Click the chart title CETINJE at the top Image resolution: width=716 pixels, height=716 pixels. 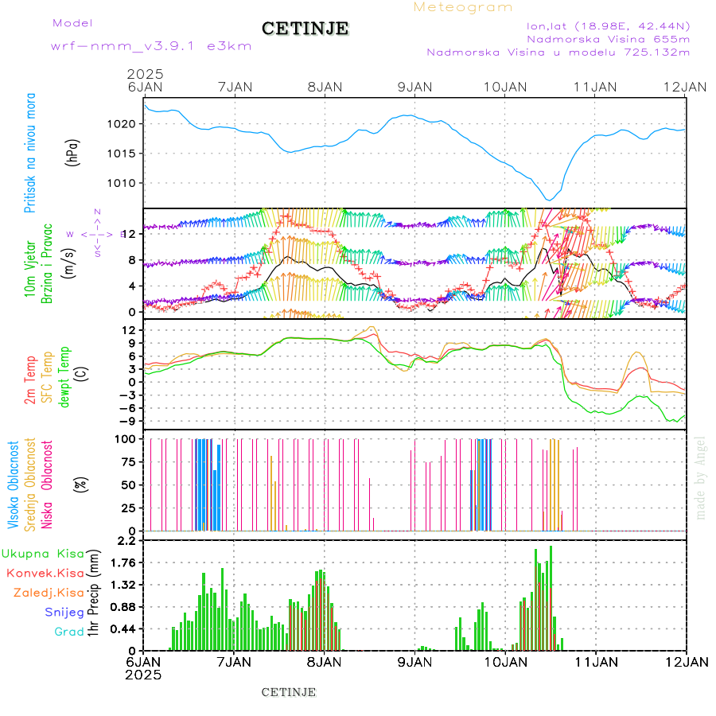point(305,29)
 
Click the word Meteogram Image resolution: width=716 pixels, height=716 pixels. point(463,7)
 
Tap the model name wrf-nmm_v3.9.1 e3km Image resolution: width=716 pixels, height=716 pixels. point(151,46)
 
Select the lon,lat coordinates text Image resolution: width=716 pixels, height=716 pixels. point(609,25)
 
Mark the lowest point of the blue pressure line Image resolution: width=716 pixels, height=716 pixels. point(548,200)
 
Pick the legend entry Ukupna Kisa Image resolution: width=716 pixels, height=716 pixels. point(43,553)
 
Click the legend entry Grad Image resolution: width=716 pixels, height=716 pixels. point(68,632)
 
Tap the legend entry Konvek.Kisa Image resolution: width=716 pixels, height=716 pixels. point(45,573)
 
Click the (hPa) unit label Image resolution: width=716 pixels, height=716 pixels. point(73,153)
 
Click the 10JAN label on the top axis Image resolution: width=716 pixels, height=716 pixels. point(505,86)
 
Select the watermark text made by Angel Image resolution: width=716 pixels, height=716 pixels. point(700,477)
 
